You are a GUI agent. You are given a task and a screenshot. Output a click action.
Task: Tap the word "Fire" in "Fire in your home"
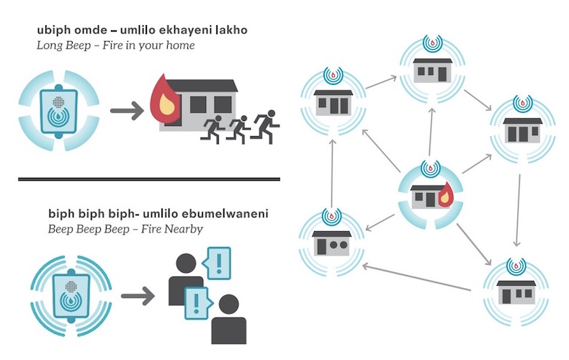coord(112,45)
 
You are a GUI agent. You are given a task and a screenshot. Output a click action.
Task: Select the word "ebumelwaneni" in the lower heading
coord(225,214)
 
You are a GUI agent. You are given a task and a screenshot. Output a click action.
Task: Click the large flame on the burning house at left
coord(165,98)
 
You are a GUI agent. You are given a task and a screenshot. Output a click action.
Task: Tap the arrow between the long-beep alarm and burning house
coord(127,110)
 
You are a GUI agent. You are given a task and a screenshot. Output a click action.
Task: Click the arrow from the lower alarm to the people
coord(138,296)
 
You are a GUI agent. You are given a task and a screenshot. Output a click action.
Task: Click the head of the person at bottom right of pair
coord(229,304)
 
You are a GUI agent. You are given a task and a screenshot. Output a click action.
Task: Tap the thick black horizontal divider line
coord(149,179)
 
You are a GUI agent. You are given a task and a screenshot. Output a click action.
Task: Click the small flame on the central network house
coord(444,195)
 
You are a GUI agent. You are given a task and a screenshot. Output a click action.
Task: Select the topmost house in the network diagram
coord(433,70)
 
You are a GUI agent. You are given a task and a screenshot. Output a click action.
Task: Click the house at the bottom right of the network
coord(516,292)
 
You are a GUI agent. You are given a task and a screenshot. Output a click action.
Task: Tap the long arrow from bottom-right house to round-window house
coord(416,279)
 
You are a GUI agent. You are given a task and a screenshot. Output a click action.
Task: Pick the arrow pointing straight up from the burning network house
coord(431,132)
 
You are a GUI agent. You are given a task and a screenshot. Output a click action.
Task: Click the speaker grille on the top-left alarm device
coord(58,102)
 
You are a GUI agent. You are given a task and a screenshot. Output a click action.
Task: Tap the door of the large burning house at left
coord(174,115)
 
